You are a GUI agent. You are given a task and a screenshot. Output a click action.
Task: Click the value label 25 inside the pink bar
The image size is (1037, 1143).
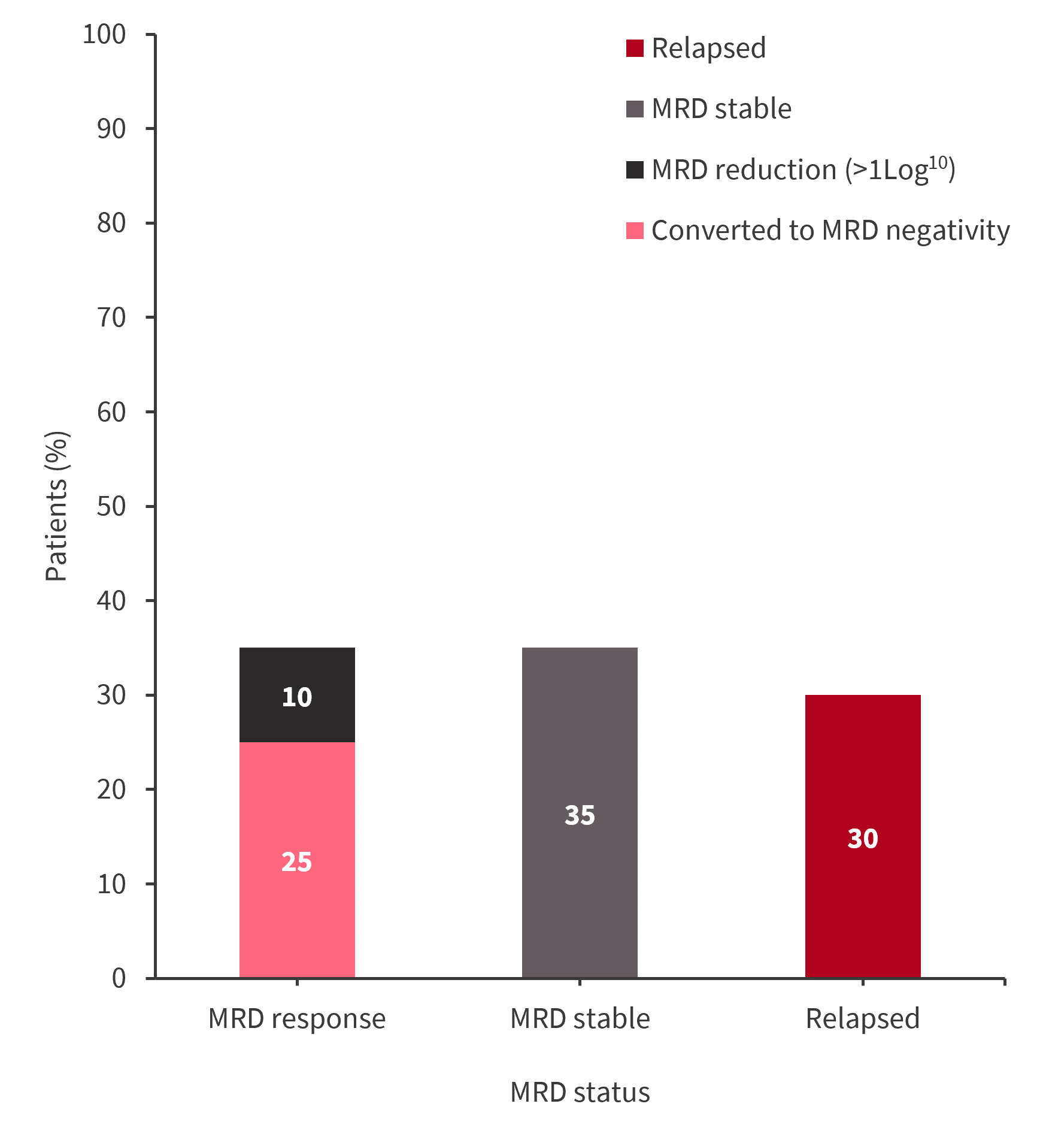(x=297, y=862)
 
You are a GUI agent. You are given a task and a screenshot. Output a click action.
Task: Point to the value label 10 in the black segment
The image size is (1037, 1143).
(x=297, y=697)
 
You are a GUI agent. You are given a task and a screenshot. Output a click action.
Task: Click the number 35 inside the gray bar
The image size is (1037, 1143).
(x=580, y=815)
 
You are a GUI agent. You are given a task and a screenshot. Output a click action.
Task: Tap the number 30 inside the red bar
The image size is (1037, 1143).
(x=863, y=839)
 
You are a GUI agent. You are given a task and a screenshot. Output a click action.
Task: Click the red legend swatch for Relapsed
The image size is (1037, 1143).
(x=635, y=49)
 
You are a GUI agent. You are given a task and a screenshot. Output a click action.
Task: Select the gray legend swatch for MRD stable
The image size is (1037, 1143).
(x=635, y=109)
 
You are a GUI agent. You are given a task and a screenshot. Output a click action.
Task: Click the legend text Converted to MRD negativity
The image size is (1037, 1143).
(x=830, y=231)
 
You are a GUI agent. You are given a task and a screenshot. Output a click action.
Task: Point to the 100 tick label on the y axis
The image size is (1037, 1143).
(x=104, y=35)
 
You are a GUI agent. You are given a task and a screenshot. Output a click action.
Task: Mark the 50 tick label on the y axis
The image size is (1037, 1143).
(x=111, y=507)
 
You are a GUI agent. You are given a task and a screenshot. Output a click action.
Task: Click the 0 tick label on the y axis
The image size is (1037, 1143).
(x=119, y=979)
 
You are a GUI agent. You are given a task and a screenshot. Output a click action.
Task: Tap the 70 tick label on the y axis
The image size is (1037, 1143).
(x=111, y=318)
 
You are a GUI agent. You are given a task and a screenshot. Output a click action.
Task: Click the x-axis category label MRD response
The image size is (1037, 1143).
(x=297, y=1019)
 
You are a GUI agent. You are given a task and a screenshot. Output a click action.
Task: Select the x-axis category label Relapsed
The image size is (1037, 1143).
(x=863, y=1019)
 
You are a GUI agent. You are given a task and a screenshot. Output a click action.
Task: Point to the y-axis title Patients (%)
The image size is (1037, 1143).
(x=57, y=506)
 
